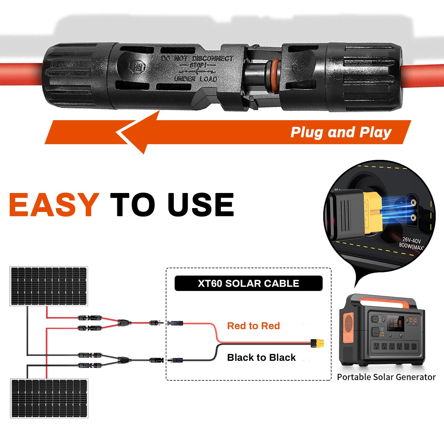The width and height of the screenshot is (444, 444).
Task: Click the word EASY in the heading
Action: [x=54, y=205]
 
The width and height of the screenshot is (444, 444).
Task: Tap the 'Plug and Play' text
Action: [x=341, y=132]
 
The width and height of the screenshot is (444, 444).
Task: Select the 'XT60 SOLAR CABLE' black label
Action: [x=248, y=283]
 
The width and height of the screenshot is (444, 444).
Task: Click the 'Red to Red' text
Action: [x=253, y=326]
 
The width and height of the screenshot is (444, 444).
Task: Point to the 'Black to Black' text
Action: [x=261, y=357]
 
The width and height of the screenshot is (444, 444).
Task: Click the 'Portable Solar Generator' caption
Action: [x=386, y=377]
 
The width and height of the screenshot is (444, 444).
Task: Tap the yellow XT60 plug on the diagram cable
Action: [x=318, y=343]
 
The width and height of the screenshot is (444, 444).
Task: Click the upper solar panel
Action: [x=49, y=286]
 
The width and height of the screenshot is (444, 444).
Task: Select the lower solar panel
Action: [x=49, y=398]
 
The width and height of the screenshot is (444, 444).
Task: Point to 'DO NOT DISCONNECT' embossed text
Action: [x=197, y=58]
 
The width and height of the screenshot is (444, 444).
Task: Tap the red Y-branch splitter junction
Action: [x=123, y=322]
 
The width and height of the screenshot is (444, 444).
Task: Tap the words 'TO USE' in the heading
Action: [x=172, y=205]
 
